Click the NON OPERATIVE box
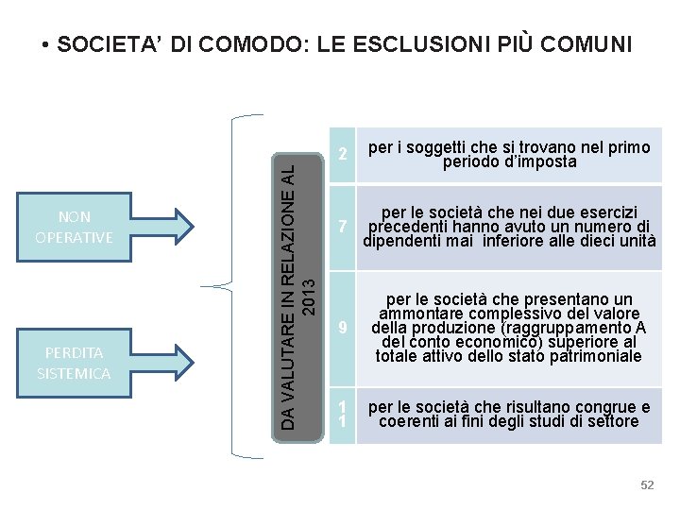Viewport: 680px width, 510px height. [74, 227]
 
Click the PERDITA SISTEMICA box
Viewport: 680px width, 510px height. [74, 363]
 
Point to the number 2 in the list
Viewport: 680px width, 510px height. [344, 153]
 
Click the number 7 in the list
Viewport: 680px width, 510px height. [344, 227]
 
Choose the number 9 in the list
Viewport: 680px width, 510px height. [344, 328]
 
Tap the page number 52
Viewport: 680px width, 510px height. [647, 484]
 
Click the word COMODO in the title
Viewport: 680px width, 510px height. [257, 44]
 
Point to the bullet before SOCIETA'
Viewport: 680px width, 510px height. [46, 44]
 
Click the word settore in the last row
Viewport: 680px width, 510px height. [609, 421]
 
